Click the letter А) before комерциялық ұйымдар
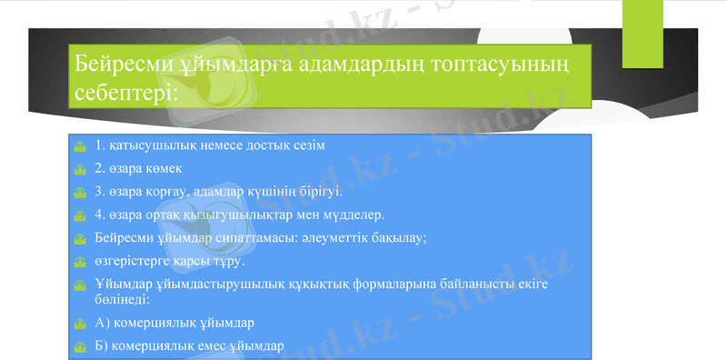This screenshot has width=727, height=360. pos(102,323)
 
